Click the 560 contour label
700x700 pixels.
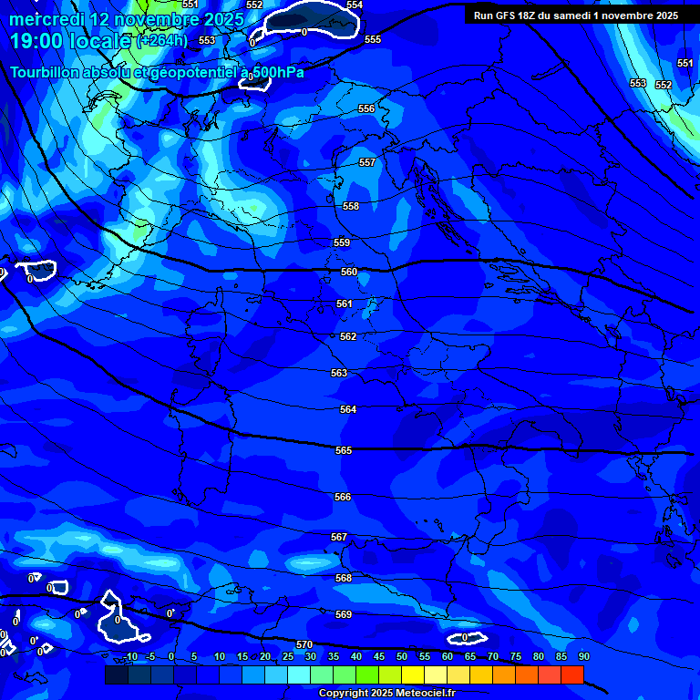349,272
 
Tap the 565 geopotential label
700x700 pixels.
344,450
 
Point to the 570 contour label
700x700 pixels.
304,644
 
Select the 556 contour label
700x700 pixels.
366,108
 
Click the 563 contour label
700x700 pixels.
339,373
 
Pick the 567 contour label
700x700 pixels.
339,537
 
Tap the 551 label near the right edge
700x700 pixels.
685,63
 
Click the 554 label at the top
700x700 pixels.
355,5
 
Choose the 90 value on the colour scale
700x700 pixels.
583,656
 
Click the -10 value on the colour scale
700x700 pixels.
130,656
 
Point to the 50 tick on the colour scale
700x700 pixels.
402,656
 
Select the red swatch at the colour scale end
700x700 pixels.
572,674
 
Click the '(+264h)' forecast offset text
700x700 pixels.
162,41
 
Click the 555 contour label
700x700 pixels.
373,39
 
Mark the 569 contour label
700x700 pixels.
344,614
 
